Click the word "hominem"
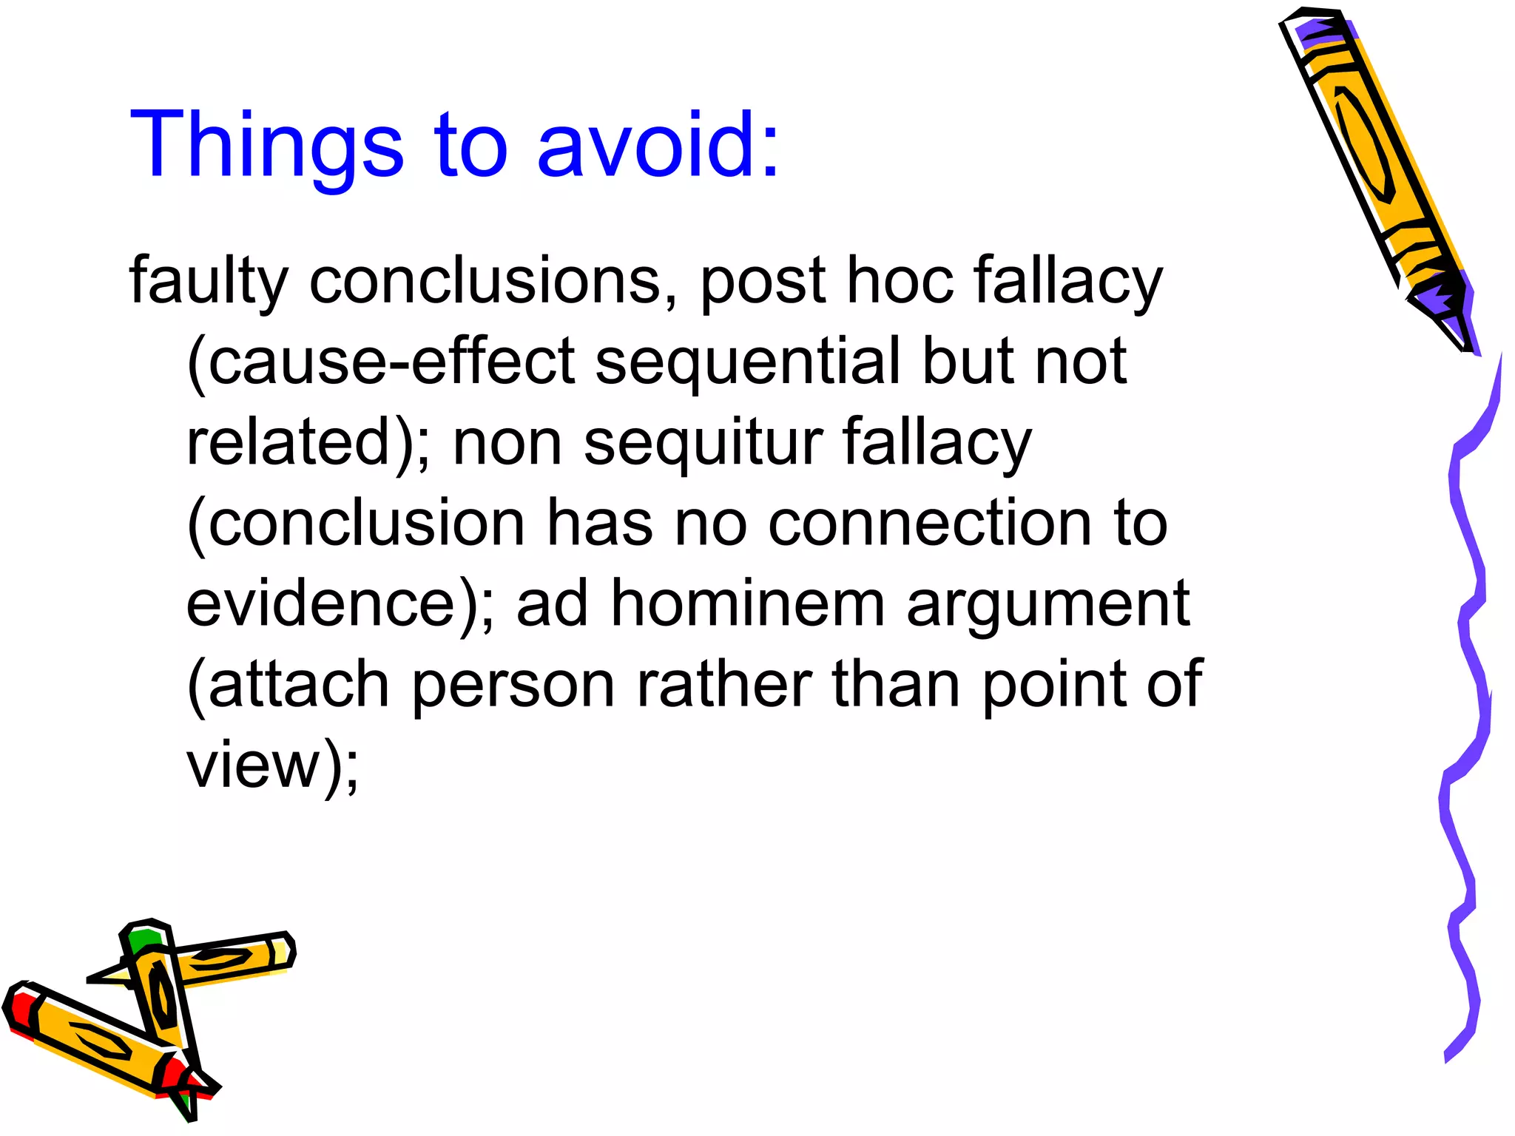click(747, 603)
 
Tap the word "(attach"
click(289, 683)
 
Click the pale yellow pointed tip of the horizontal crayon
click(111, 976)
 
